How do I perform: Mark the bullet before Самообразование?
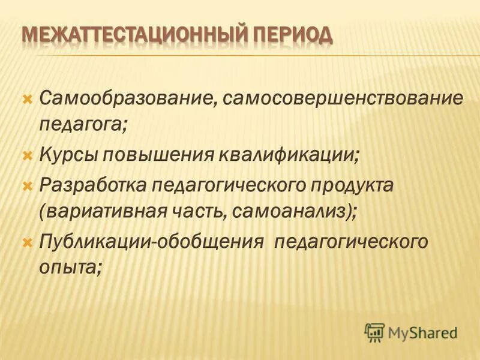(26, 98)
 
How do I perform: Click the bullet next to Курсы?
(26, 155)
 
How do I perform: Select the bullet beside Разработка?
(26, 184)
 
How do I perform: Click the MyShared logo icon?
(374, 331)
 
